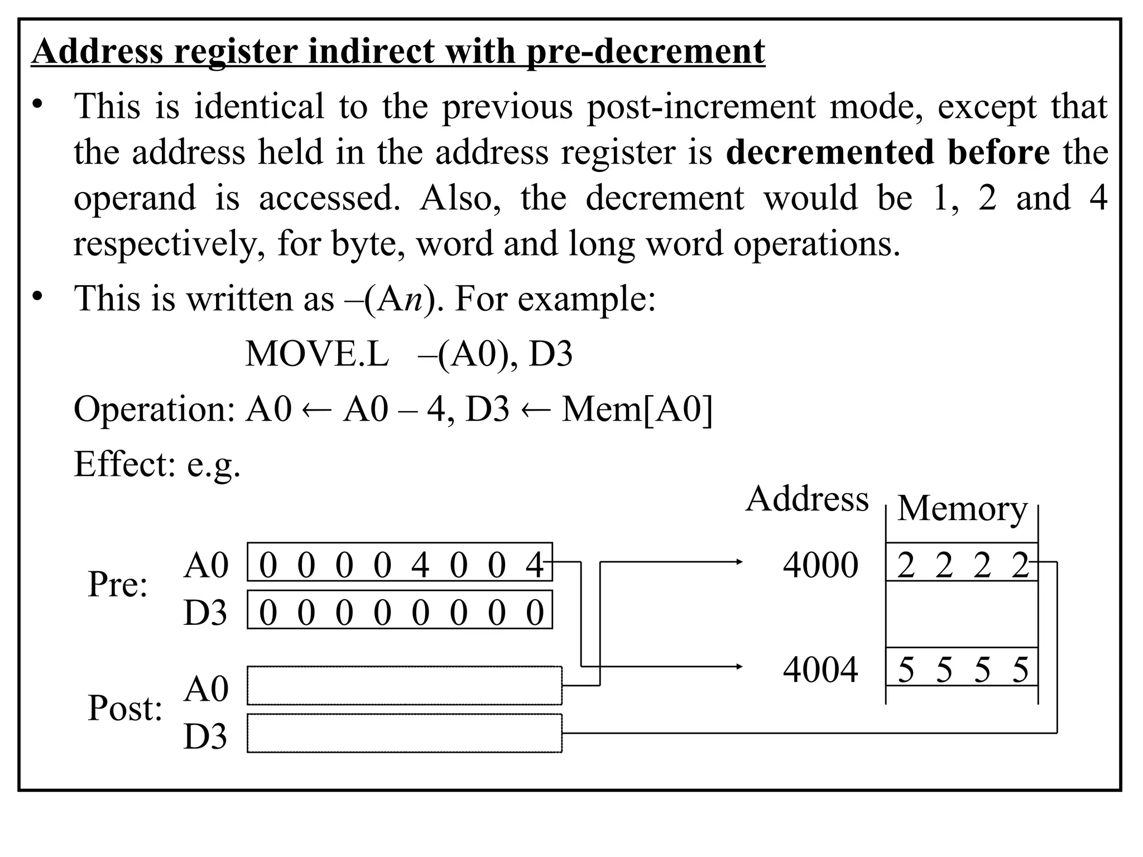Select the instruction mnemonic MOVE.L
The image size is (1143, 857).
pos(316,354)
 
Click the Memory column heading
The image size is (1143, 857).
pos(962,508)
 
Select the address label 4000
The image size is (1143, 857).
pos(820,565)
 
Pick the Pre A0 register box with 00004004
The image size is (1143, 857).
pos(400,562)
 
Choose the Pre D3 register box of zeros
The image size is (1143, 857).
pos(400,610)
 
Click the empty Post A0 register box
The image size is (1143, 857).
pos(404,686)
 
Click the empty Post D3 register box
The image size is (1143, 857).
pos(404,733)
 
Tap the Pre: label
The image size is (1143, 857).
pos(117,585)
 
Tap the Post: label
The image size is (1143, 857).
pos(125,709)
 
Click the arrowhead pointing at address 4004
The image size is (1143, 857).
pos(739,666)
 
